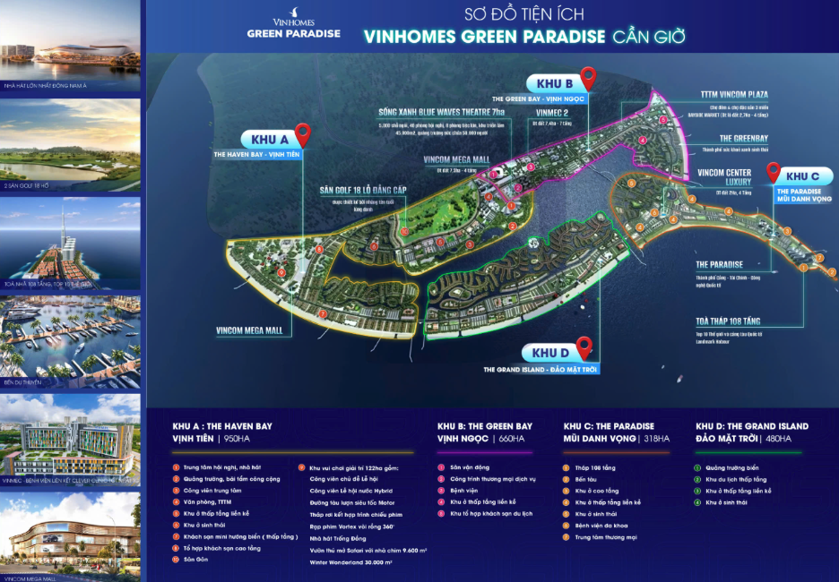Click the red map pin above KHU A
point(303,134)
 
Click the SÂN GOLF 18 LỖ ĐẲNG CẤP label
point(362,191)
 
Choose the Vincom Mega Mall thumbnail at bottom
point(71,537)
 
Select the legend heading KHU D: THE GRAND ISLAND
point(751,426)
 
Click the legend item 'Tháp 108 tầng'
point(596,467)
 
